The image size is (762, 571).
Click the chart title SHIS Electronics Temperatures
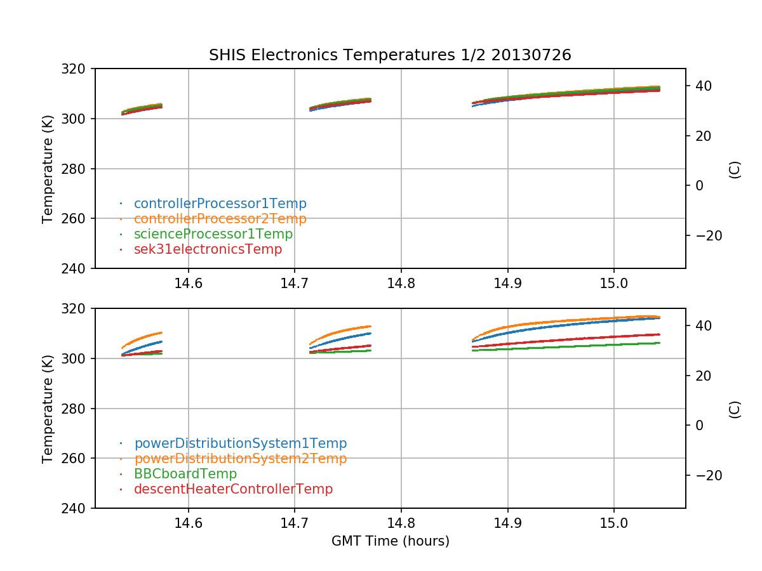(390, 55)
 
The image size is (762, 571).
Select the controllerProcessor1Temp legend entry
(220, 204)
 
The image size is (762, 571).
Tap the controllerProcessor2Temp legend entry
(220, 219)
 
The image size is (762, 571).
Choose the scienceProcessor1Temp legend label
(213, 234)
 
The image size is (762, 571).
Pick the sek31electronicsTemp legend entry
(208, 249)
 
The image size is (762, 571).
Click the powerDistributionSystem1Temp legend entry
(240, 443)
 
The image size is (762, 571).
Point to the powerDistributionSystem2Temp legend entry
(240, 459)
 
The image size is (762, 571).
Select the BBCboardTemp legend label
(185, 474)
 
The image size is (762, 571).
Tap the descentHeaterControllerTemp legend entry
(233, 489)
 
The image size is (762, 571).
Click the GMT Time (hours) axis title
(390, 541)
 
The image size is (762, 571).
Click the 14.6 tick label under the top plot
(188, 284)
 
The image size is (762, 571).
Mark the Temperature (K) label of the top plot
(48, 168)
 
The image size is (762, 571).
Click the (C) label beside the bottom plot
(735, 409)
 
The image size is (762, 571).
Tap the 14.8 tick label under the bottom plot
(401, 523)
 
